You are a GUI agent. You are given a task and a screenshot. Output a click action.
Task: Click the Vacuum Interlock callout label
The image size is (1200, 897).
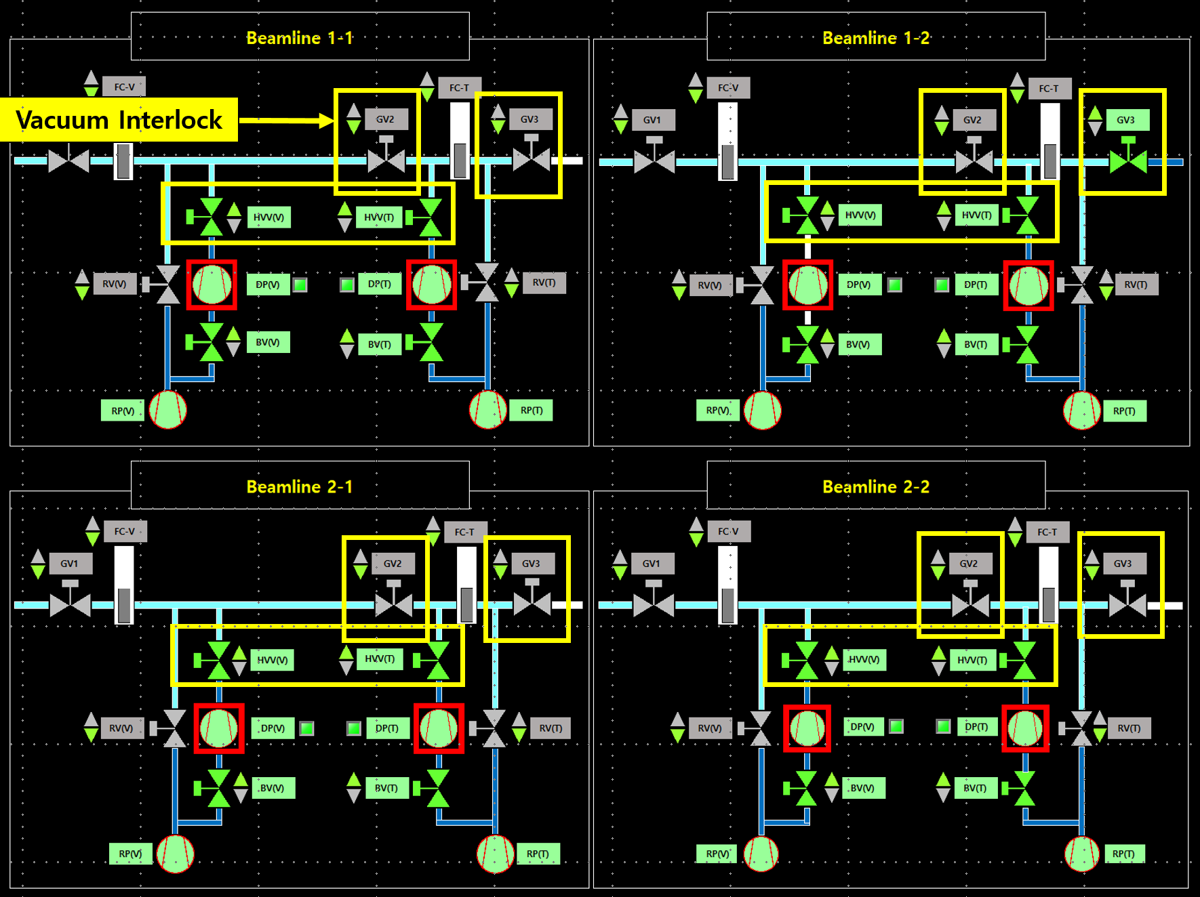(x=119, y=120)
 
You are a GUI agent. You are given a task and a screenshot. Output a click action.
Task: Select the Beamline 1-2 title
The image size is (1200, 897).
(x=875, y=38)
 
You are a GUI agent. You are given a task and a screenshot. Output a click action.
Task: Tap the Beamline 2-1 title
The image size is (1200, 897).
(x=299, y=486)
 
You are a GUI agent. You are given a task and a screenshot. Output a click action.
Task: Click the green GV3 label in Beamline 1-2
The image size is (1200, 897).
(x=1125, y=120)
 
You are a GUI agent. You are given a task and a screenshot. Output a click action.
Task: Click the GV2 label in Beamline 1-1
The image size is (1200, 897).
(x=385, y=119)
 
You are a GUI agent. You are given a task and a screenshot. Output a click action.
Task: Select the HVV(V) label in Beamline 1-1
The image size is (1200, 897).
(x=268, y=217)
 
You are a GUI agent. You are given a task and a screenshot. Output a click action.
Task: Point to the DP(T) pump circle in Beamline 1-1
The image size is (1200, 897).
(x=431, y=285)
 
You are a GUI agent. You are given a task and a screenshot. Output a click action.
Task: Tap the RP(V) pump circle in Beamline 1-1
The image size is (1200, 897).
(x=167, y=410)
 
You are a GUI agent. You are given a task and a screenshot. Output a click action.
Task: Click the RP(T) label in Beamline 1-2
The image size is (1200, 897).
(x=1123, y=411)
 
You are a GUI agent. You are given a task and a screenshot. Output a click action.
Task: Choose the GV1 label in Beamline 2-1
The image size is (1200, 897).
(x=69, y=564)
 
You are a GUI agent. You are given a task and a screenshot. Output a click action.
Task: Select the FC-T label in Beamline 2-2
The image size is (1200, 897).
(x=1047, y=533)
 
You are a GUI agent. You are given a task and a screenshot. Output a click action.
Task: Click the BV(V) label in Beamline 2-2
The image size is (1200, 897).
(x=862, y=788)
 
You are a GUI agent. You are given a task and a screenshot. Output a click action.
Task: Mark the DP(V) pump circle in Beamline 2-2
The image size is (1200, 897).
(x=807, y=728)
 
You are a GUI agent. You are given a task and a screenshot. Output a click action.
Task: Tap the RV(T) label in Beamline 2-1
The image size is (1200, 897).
(x=551, y=728)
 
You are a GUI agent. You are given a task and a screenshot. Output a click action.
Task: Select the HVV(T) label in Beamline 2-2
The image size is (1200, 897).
(x=972, y=660)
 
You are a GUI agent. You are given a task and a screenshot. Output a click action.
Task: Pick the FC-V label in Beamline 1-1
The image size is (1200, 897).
(x=124, y=87)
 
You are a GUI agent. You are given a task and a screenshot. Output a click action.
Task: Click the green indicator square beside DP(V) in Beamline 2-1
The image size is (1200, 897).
(x=307, y=728)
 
